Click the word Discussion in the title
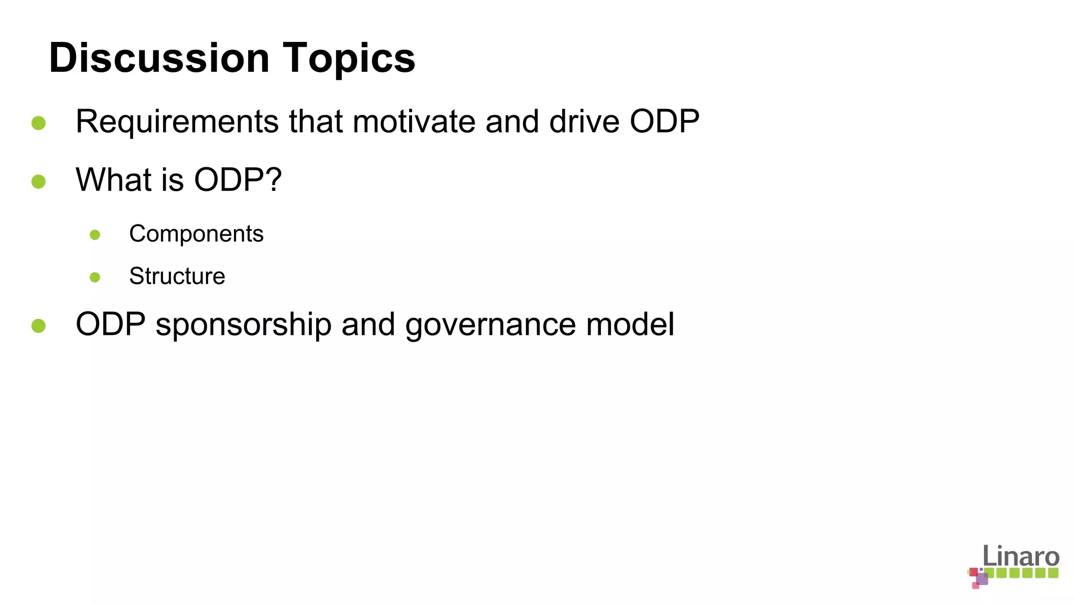(x=159, y=58)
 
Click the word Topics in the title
(x=349, y=58)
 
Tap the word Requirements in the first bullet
(x=177, y=122)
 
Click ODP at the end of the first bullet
(x=664, y=122)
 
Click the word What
(x=114, y=180)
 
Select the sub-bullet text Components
(x=196, y=234)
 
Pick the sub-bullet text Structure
(x=177, y=276)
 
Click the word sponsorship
(x=243, y=325)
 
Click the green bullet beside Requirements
(x=38, y=123)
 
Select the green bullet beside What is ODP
(x=38, y=181)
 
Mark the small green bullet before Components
(x=95, y=235)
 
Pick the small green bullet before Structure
(x=95, y=277)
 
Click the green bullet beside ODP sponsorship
(x=38, y=326)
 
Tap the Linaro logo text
(x=1021, y=556)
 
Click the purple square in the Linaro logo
(x=982, y=579)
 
